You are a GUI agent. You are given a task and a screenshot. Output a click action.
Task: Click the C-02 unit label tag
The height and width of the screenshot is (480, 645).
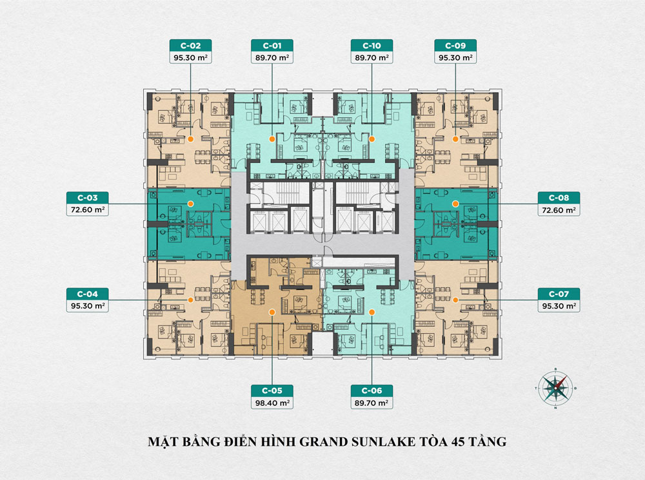[190, 46]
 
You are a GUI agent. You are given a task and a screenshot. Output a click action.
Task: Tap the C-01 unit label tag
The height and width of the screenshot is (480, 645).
[272, 46]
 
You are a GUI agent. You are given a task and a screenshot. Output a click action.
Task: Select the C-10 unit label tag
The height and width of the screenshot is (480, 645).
[372, 46]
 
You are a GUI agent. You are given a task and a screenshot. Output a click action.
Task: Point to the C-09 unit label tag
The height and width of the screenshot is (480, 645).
[455, 46]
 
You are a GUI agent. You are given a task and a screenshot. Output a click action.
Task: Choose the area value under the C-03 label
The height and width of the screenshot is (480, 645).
[87, 210]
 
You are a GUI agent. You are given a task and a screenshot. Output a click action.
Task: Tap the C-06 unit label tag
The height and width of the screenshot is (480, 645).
[372, 391]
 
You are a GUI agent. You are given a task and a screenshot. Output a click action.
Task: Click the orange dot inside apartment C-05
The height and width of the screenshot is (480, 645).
[272, 311]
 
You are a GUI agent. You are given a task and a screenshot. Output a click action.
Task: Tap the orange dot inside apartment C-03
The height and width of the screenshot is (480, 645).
[190, 203]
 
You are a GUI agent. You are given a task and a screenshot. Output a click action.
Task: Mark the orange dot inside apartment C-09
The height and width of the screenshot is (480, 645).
[455, 139]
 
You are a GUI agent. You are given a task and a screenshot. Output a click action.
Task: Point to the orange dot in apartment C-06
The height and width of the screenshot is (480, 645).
[372, 311]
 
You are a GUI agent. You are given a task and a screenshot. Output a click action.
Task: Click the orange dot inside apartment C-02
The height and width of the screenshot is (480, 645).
[190, 139]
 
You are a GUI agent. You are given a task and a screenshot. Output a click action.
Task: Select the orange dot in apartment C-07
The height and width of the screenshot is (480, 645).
[455, 300]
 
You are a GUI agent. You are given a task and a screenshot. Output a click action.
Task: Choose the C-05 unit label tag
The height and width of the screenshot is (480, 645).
[272, 391]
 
